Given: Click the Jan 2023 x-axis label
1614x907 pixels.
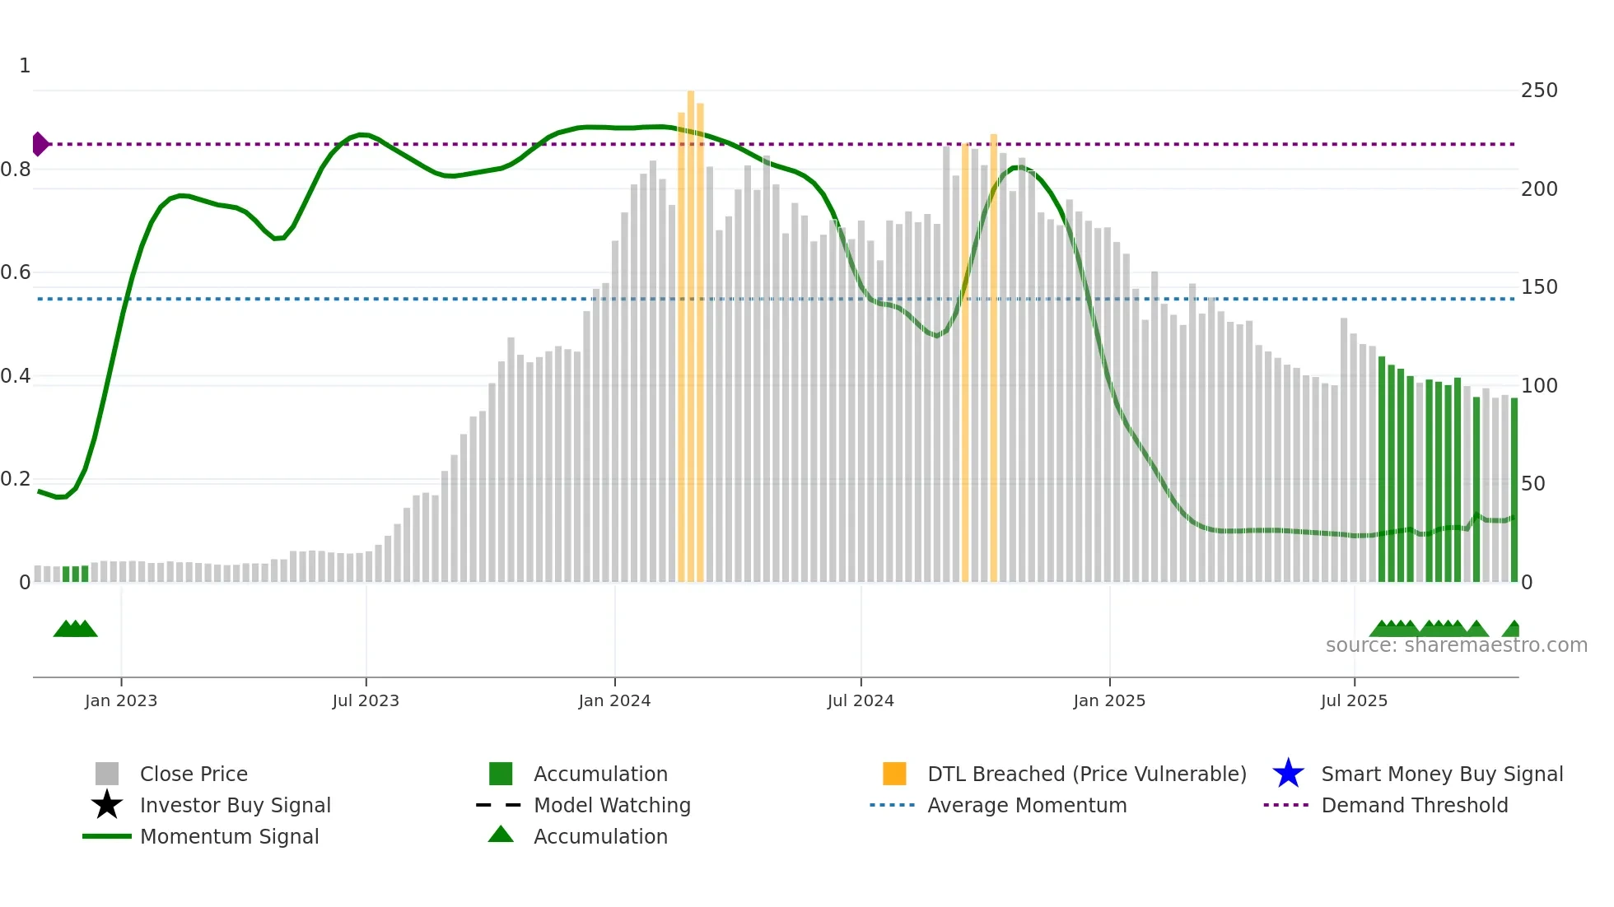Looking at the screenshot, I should (x=121, y=700).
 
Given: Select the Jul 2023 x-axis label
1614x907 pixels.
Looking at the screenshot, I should (x=366, y=700).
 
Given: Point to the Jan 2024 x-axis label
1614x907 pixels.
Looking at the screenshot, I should (x=614, y=700).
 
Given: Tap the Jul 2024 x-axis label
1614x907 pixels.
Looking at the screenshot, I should (x=861, y=700).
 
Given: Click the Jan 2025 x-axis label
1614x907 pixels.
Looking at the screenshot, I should (x=1109, y=700).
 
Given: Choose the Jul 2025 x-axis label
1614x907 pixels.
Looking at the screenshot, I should (x=1354, y=700).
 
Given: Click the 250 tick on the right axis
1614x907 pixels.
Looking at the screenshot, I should (x=1539, y=91).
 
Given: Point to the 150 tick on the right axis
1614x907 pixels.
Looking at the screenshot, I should (x=1539, y=287).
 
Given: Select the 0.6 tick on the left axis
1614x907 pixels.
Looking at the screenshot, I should (x=16, y=272).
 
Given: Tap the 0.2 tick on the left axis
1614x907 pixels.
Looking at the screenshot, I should (x=16, y=479).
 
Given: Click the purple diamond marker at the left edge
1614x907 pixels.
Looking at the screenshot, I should (x=40, y=144).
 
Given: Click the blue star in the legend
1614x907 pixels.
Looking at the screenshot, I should (x=1288, y=774).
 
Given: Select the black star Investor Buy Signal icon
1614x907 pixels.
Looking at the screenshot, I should (x=107, y=805).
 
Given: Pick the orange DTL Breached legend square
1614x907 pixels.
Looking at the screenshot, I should (x=894, y=774).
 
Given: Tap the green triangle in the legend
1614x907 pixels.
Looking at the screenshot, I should (x=501, y=835).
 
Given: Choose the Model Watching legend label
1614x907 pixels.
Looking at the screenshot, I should (x=612, y=805).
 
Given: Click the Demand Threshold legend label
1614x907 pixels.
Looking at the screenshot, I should (x=1414, y=805).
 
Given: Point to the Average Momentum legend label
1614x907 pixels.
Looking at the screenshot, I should (x=1027, y=805).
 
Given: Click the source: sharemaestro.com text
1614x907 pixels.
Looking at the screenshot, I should (x=1456, y=645).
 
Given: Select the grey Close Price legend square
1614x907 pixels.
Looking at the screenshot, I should (x=107, y=774).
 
